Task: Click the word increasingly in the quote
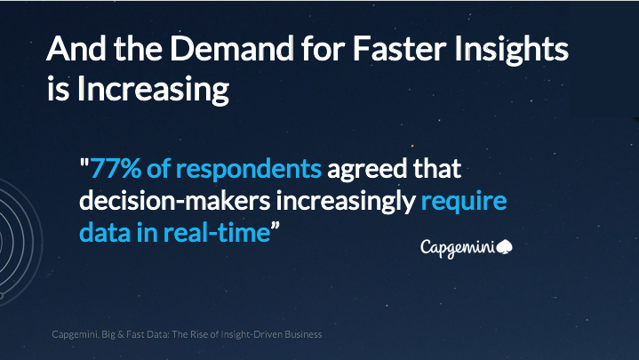coord(347,202)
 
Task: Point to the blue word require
coord(463,202)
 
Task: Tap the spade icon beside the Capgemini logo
coord(507,245)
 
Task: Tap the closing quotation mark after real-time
coord(276,229)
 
